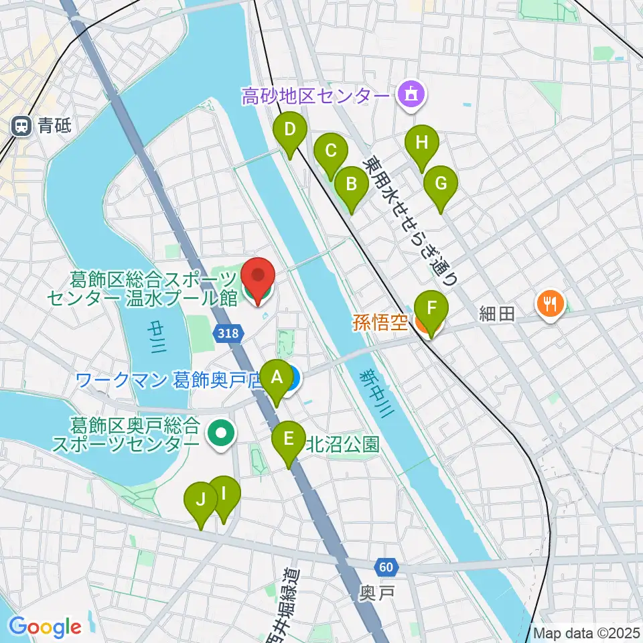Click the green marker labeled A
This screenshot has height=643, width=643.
point(275,379)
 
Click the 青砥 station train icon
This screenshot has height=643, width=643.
point(22,125)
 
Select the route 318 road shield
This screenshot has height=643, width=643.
point(228,332)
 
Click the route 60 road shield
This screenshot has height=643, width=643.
point(386,567)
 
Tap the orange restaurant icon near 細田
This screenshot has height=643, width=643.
point(549,303)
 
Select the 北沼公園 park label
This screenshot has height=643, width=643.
point(343,443)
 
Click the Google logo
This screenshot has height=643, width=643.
point(45,627)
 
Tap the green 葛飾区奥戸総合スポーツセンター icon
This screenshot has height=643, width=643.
point(219,434)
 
